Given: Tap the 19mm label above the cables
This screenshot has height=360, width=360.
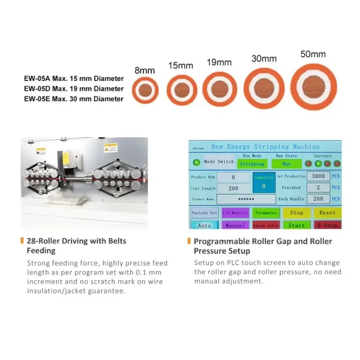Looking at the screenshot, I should [x=219, y=63].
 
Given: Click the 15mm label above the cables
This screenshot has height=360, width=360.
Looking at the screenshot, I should [x=180, y=66].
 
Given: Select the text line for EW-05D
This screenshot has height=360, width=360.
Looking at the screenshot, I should [x=74, y=89].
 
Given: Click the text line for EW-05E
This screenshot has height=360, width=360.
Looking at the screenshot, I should [x=74, y=99].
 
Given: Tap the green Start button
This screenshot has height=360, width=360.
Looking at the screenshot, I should [x=296, y=225].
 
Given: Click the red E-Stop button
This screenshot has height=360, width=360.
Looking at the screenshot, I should [x=327, y=225].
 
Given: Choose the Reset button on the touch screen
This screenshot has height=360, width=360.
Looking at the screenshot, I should [x=327, y=212].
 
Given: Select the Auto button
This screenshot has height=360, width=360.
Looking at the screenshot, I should [x=204, y=225].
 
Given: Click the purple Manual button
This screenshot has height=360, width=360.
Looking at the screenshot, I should [x=235, y=225].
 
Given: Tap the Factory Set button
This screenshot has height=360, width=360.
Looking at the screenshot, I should [x=204, y=212].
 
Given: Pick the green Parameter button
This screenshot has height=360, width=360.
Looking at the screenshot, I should [x=265, y=212].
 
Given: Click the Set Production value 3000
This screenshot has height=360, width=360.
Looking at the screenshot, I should [x=318, y=176].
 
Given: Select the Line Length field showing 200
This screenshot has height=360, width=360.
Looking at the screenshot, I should [x=233, y=188].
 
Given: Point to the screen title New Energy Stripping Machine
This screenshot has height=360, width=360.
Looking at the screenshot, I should [x=265, y=146].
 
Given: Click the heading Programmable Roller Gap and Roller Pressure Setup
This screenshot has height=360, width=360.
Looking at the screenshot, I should [x=263, y=246].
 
